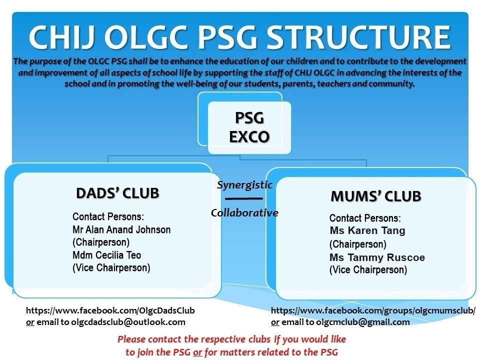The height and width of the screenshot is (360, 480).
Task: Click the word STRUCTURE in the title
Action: pos(358,37)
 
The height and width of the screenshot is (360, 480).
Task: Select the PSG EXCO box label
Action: pos(249,127)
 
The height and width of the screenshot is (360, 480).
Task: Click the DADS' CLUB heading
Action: pos(117,193)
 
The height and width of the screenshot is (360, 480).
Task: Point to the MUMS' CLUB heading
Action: pos(376,196)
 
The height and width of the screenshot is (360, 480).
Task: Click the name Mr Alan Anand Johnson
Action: pos(121,229)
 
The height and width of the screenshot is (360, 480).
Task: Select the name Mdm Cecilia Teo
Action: pos(107,255)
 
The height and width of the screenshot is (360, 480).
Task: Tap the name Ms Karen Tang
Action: pos(367,230)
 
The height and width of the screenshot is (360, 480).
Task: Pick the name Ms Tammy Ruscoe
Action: pos(377,257)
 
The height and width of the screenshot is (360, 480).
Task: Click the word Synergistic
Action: pos(244,185)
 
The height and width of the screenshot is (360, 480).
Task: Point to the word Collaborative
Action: pos(244,213)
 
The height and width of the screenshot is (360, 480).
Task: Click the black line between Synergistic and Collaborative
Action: pos(244,198)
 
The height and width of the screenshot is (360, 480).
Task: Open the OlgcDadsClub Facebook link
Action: pos(110,310)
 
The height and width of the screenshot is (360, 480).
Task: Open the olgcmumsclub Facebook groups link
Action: pos(373,310)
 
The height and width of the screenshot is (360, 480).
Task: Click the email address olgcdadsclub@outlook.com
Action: pos(128,322)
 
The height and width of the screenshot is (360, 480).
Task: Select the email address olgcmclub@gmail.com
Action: pos(363,322)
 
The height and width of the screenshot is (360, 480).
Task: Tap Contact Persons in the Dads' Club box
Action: pos(108,216)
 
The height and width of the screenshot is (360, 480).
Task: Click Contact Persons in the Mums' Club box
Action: pos(365,218)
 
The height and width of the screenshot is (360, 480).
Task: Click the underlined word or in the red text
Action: pos(197,352)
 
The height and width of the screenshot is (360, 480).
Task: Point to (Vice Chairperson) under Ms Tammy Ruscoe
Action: pos(368,270)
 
